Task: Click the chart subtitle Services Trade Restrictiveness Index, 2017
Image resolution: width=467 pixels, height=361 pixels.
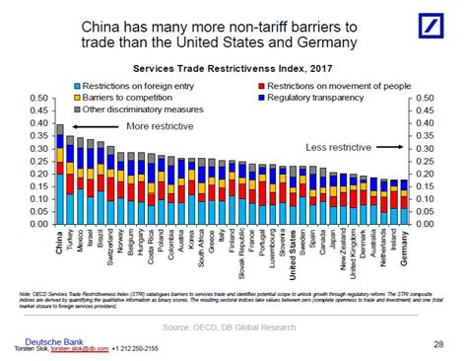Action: point(233,70)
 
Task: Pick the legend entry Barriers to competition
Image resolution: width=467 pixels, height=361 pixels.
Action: point(126,99)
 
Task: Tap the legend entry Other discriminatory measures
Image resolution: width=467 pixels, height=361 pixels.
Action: point(135,110)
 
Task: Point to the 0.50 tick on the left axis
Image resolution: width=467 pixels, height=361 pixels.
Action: point(39,99)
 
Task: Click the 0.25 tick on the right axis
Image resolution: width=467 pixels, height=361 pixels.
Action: point(425,161)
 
